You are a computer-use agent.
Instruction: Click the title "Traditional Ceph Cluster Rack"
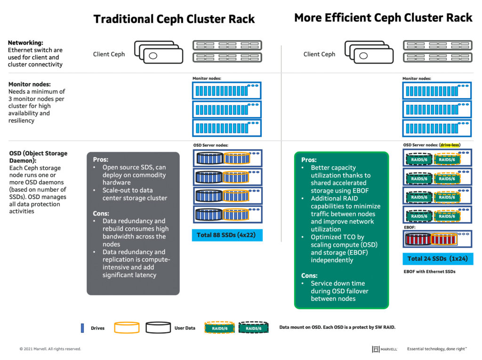174,19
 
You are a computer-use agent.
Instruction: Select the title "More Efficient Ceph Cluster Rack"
383,18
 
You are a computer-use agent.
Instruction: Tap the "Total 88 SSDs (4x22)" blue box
227,235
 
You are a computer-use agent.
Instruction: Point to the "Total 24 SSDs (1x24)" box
438,258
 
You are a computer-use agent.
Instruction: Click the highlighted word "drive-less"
450,145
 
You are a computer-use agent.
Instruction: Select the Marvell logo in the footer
385,349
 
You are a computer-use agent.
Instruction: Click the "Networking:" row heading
25,43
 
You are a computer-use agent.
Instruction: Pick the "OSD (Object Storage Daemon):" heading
38,157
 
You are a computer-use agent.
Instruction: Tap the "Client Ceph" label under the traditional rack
109,54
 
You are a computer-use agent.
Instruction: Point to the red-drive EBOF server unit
437,239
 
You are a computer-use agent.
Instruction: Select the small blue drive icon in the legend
82,328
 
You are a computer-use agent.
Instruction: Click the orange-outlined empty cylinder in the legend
127,328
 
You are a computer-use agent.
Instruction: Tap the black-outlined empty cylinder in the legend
158,328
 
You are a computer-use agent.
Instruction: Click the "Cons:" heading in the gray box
101,213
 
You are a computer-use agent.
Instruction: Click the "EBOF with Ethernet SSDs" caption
429,272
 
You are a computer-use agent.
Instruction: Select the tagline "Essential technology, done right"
436,349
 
